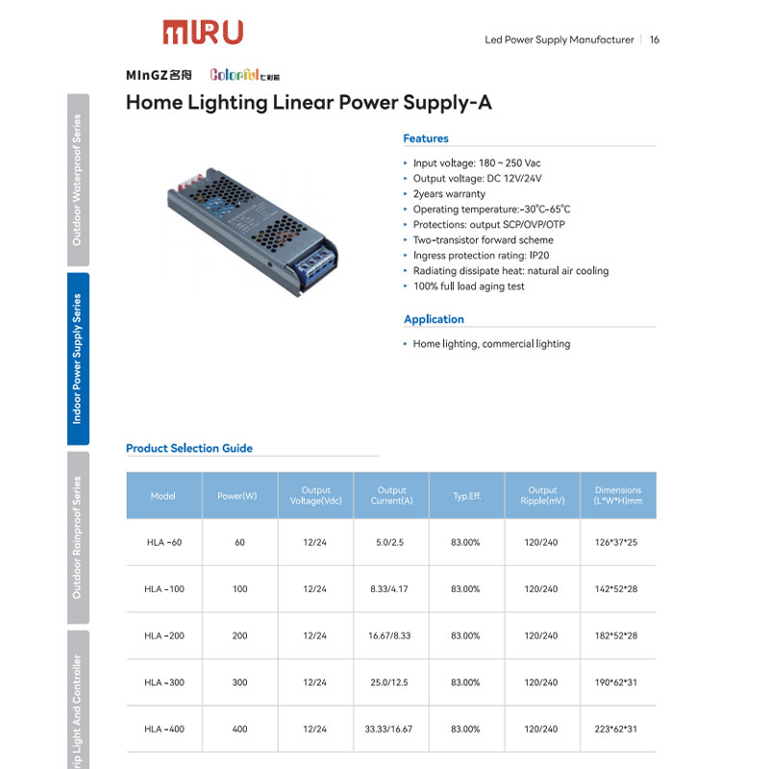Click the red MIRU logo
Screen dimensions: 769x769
coord(202,32)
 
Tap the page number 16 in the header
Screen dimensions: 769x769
coord(655,40)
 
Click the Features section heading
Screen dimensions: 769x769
coord(426,138)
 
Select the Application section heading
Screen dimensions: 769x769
coord(434,319)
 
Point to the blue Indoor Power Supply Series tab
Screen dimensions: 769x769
coord(78,359)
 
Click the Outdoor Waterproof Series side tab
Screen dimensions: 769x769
coord(78,180)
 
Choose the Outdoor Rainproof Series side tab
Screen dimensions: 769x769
coord(78,537)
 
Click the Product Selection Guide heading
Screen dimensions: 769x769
coord(189,448)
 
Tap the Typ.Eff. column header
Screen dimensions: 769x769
coord(467,496)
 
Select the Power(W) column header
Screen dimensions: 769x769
coord(239,496)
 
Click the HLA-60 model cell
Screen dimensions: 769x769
coord(164,543)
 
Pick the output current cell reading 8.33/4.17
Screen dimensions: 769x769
coord(391,589)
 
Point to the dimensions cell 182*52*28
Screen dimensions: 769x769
coord(617,636)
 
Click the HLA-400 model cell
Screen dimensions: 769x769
coord(164,730)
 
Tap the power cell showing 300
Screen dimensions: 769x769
coord(239,682)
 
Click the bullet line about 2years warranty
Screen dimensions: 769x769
coord(449,194)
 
